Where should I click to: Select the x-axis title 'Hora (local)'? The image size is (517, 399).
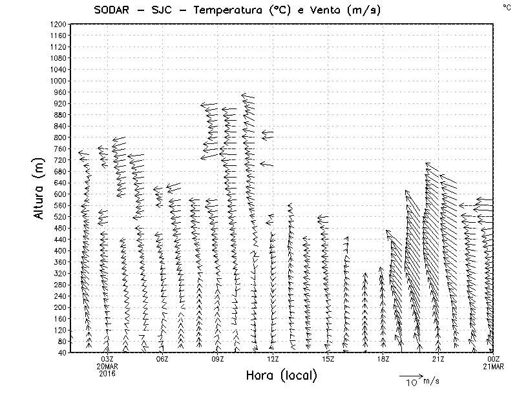(x=280, y=376)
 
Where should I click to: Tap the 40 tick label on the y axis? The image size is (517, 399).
(x=61, y=353)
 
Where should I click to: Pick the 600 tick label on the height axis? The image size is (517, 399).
(x=59, y=194)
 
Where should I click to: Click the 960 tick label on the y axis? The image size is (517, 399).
(x=59, y=92)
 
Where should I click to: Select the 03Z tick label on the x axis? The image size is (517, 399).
(x=107, y=359)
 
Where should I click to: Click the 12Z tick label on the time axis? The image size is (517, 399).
(x=273, y=359)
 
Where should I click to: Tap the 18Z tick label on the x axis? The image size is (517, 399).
(x=383, y=359)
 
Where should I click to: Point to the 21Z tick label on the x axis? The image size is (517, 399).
(x=438, y=359)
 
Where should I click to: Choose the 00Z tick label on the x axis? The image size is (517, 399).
(x=494, y=359)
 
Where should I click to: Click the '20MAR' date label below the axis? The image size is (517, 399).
(x=107, y=366)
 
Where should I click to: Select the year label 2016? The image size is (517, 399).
(x=107, y=373)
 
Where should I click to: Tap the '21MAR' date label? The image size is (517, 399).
(x=494, y=366)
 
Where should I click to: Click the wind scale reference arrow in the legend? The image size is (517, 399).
(x=410, y=374)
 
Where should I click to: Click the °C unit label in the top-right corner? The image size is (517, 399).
(x=506, y=6)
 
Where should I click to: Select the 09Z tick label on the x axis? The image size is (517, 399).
(x=218, y=359)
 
